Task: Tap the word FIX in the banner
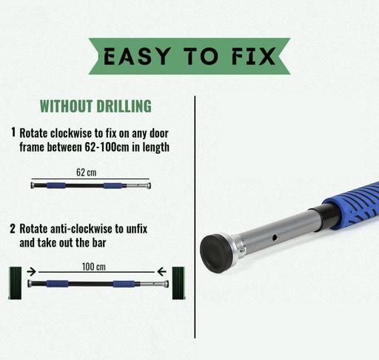[x=253, y=56]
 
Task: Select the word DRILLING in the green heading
[x=124, y=106]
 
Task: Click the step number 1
[x=13, y=132]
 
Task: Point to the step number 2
[x=13, y=228]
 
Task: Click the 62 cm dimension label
[x=87, y=172]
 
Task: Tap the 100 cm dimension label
[x=94, y=267]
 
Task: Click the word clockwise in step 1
[x=71, y=133]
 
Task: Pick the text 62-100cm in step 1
[x=107, y=147]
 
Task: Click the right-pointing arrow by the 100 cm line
[x=31, y=272]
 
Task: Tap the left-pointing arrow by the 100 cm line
[x=161, y=272]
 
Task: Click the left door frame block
[x=16, y=283]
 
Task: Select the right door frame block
[x=178, y=283]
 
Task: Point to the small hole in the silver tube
[x=275, y=238]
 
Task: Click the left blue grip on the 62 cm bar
[x=56, y=185]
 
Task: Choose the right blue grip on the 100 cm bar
[x=124, y=284]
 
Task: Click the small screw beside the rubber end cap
[x=242, y=250]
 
